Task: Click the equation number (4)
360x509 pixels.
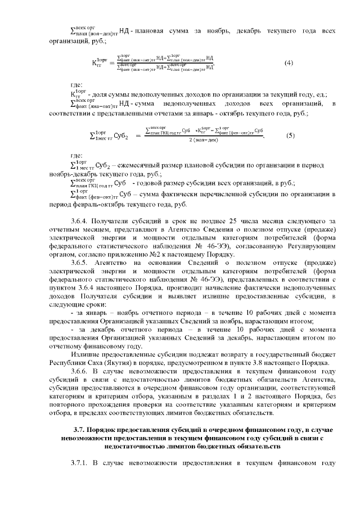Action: coord(289,62)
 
